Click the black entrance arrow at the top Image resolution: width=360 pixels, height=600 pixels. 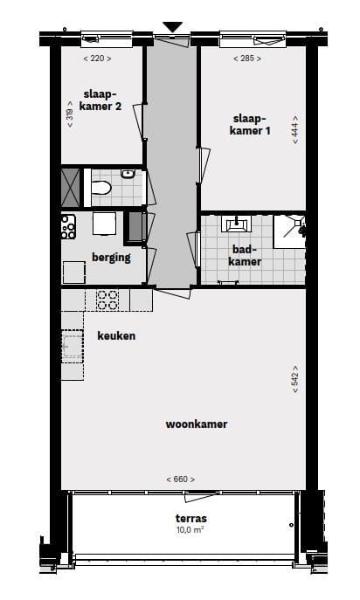point(173,26)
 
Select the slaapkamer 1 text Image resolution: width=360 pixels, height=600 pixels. point(251,124)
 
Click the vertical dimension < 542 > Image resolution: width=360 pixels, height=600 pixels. point(296,382)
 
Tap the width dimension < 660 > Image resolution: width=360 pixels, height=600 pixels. point(180,479)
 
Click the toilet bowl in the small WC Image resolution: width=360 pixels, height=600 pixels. point(101,187)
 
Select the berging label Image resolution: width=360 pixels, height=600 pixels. point(111,257)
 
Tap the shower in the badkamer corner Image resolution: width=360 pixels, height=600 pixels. point(289,231)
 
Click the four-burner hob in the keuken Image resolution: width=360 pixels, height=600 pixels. point(107,300)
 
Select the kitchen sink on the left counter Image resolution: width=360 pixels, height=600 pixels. point(70,347)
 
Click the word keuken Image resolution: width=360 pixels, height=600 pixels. point(116,334)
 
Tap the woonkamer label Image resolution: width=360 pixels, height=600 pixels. point(197,424)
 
